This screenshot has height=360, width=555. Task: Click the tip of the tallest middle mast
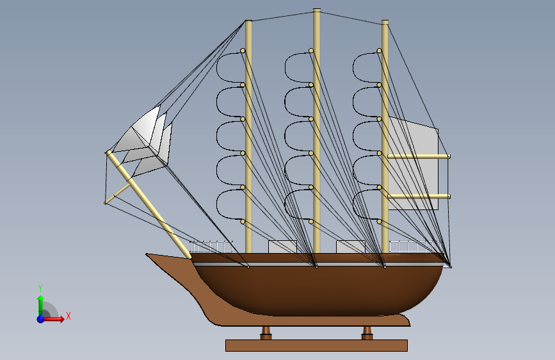(x=316, y=11)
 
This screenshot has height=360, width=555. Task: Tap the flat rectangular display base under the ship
(x=316, y=345)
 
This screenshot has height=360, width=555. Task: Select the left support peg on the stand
(x=266, y=332)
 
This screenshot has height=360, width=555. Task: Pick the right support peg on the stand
(x=367, y=332)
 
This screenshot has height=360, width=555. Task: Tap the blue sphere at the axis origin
(x=41, y=318)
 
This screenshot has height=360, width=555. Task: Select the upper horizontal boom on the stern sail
(x=419, y=156)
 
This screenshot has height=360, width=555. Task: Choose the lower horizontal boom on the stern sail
(x=419, y=196)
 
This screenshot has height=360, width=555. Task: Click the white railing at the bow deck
(x=211, y=247)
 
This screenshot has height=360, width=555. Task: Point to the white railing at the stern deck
(x=415, y=247)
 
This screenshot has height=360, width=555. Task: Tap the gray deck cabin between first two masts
(x=282, y=247)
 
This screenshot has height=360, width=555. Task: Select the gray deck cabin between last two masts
(x=350, y=247)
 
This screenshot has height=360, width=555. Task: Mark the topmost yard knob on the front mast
(x=243, y=51)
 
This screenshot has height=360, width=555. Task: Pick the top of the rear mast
(x=385, y=22)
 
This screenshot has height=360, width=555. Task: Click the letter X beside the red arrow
(x=68, y=315)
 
